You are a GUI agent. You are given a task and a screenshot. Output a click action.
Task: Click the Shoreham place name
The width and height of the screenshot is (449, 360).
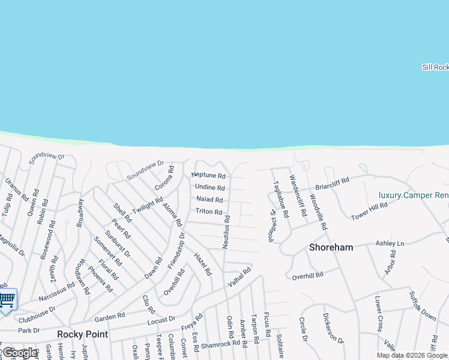click(x=331, y=247)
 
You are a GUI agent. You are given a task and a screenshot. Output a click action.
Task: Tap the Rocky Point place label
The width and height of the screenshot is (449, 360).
click(x=82, y=334)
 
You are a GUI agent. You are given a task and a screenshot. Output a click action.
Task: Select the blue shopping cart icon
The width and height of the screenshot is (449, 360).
click(x=7, y=299)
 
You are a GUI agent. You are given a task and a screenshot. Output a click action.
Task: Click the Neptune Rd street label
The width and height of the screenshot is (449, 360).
click(x=208, y=176)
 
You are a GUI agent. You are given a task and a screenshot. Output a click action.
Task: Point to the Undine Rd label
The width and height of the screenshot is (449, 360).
click(x=209, y=188)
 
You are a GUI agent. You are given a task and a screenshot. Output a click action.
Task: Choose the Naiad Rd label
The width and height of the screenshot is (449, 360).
click(x=209, y=200)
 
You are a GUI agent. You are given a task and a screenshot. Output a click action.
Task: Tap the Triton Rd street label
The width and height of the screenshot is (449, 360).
click(x=209, y=212)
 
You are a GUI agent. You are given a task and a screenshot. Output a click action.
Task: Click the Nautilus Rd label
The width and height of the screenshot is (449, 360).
click(x=227, y=232)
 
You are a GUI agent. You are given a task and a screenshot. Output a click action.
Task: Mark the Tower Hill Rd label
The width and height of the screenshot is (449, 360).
click(x=369, y=211)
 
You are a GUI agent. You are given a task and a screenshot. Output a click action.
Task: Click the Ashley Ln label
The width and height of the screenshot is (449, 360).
click(x=390, y=243)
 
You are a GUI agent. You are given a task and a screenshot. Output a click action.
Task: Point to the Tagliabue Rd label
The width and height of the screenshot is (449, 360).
click(x=281, y=200)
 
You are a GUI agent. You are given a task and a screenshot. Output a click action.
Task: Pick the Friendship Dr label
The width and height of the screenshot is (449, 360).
click(x=176, y=251)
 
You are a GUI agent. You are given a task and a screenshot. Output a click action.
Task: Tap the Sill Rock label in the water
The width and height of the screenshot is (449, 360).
click(x=435, y=67)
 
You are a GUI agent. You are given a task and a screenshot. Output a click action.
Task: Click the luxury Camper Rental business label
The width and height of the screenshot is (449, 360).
click(x=414, y=196)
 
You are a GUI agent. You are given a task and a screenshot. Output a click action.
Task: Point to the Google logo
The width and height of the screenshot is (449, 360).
click(x=19, y=353)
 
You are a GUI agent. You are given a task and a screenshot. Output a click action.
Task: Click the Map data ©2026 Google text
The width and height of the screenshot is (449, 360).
click(x=412, y=355)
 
